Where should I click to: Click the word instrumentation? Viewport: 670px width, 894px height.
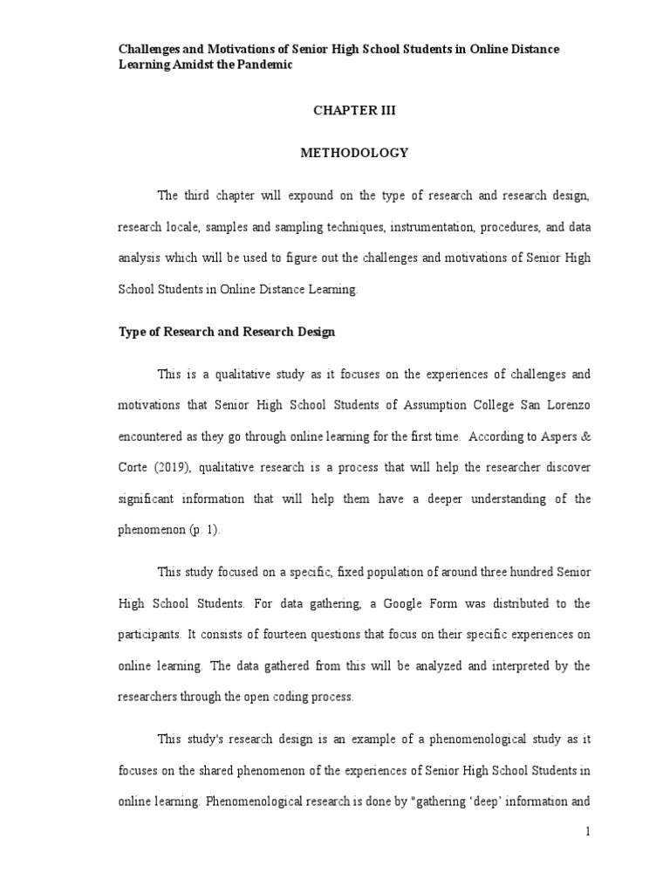pos(430,227)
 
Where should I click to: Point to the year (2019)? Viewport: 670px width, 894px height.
pos(171,468)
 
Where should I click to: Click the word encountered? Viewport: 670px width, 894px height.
pos(153,437)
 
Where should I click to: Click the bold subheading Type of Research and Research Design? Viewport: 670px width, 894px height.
pos(227,333)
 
